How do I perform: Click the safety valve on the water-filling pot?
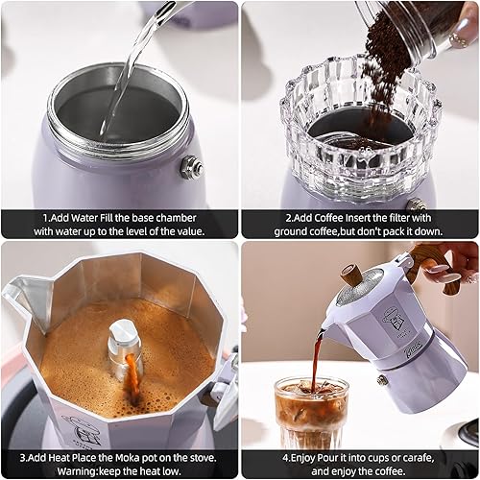[x=191, y=166]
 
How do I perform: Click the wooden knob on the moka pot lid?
[x=353, y=274]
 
